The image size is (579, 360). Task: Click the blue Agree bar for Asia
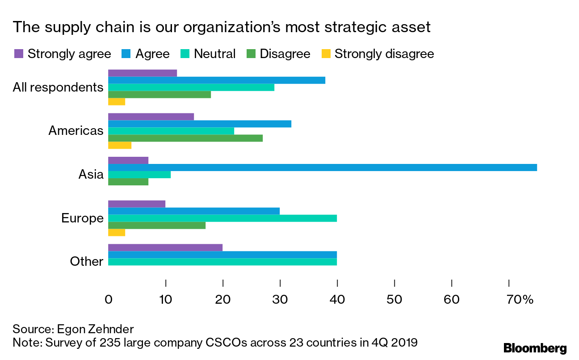click(x=322, y=167)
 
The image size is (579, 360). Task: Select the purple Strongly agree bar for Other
click(x=165, y=247)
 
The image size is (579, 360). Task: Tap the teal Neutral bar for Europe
click(x=222, y=218)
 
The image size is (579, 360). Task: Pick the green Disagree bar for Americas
click(x=185, y=138)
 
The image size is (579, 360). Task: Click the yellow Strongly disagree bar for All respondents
click(x=116, y=102)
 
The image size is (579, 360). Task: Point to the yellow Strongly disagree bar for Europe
click(x=116, y=233)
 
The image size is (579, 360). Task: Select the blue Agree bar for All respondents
click(x=216, y=80)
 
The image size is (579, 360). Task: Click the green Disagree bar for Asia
click(x=128, y=182)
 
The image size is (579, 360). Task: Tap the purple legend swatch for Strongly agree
click(x=19, y=54)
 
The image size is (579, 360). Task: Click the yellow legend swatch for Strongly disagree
click(x=326, y=54)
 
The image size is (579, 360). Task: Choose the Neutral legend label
click(x=214, y=54)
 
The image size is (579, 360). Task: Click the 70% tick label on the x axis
click(x=520, y=300)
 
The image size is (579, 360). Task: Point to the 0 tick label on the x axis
click(x=108, y=300)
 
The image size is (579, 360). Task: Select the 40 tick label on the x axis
click(x=337, y=300)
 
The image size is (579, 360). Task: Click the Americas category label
click(x=76, y=131)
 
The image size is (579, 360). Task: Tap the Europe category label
click(x=82, y=218)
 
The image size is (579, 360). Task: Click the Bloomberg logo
click(x=535, y=348)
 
